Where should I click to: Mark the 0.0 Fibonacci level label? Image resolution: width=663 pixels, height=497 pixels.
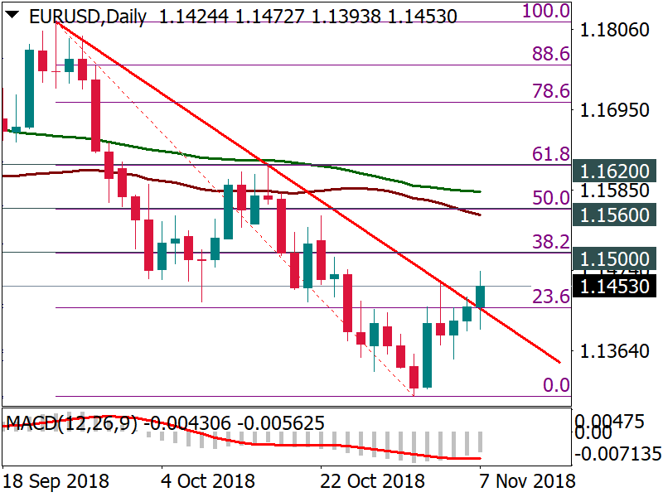point(556,384)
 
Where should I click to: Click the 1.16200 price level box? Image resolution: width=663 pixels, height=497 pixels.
point(614,172)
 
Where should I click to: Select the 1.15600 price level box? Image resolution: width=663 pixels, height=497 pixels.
point(614,215)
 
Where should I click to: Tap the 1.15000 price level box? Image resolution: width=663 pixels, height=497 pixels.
point(614,258)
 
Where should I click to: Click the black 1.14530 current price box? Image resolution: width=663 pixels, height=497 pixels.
point(614,287)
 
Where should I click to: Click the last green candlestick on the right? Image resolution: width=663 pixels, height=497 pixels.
point(481,296)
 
